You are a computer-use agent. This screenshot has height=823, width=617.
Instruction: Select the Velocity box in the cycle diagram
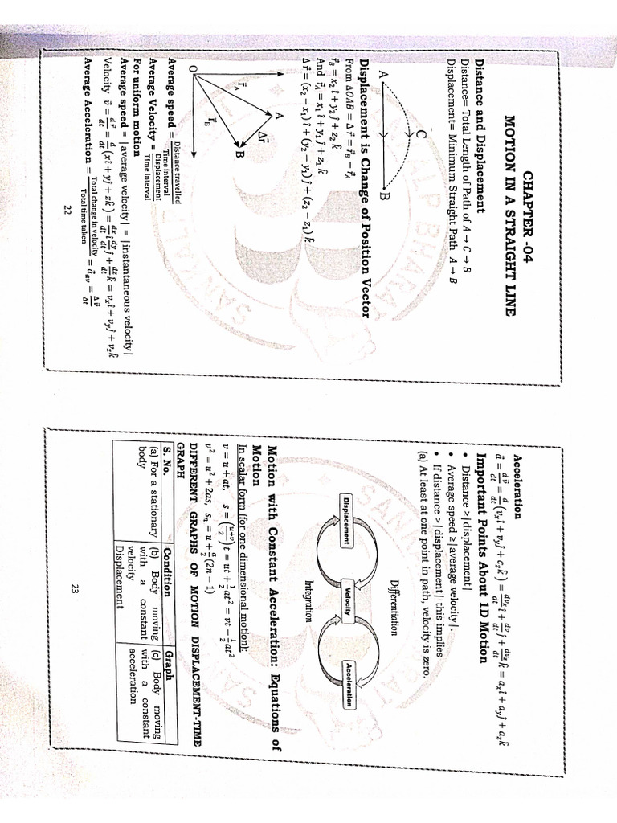pos(346,599)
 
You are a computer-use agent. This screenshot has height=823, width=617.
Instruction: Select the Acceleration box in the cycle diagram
pos(346,683)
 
